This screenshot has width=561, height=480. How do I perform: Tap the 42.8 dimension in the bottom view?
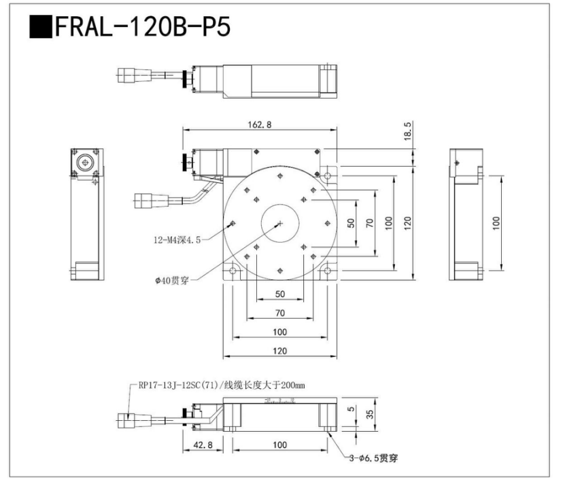coord(203,445)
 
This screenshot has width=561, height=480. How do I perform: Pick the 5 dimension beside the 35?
coord(352,411)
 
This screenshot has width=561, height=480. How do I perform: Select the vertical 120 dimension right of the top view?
coord(407,222)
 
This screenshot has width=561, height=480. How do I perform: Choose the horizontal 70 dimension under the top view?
coord(279,313)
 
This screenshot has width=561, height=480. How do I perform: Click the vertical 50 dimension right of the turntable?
coord(352,222)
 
